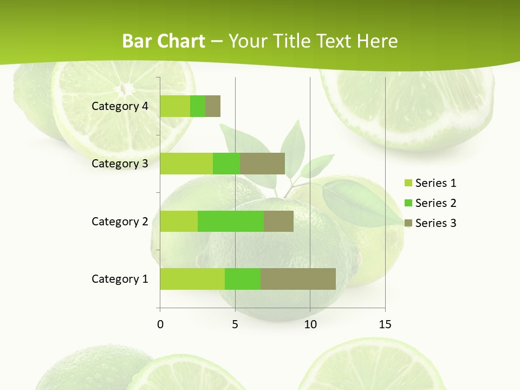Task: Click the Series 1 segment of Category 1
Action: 192,279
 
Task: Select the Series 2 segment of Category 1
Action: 243,279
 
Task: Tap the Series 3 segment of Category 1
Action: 298,279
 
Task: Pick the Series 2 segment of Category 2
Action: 231,221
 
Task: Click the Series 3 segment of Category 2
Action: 278,221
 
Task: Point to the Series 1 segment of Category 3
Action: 186,164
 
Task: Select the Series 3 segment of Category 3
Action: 262,164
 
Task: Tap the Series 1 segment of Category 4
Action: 175,106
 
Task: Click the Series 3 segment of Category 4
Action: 213,106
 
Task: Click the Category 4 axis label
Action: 120,106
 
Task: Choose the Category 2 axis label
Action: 120,221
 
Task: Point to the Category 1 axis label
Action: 120,279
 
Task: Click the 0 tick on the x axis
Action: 160,324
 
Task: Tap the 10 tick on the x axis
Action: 310,324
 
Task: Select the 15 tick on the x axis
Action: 385,324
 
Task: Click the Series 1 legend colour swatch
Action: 408,183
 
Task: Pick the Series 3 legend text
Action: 435,223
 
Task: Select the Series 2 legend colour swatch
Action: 408,203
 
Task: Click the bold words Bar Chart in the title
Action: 164,41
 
